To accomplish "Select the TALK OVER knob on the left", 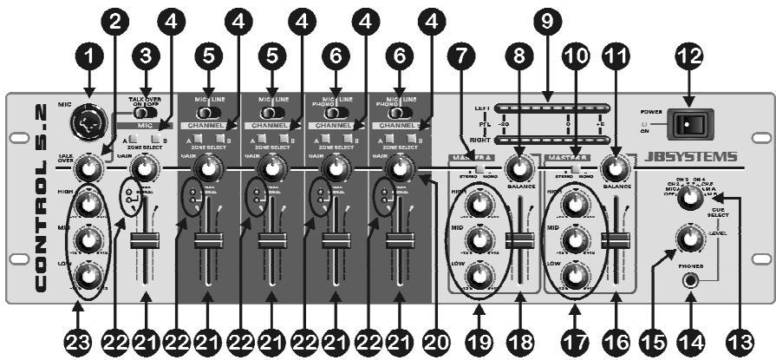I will click(88, 167).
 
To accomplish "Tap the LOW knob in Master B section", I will click(571, 278).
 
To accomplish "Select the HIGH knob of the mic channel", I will click(88, 204).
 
